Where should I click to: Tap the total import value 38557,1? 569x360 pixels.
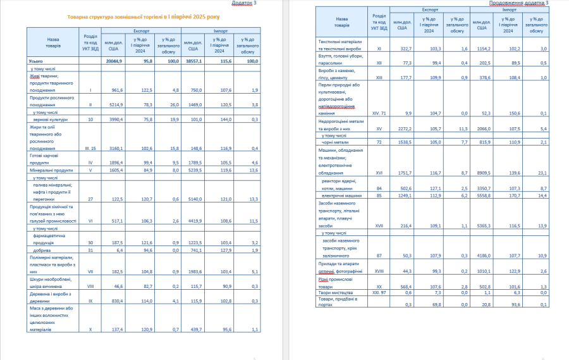(192, 61)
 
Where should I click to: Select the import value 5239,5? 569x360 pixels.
(192, 170)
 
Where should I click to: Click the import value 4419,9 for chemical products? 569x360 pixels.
(192, 221)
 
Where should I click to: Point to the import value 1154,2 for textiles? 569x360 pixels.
(482, 48)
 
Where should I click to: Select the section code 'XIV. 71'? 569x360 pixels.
(379, 113)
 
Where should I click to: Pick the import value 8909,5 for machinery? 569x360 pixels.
(482, 172)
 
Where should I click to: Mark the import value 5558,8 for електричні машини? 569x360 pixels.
(482, 196)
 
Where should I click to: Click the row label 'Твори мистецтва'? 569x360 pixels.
(333, 293)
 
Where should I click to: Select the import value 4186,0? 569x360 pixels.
(482, 255)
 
